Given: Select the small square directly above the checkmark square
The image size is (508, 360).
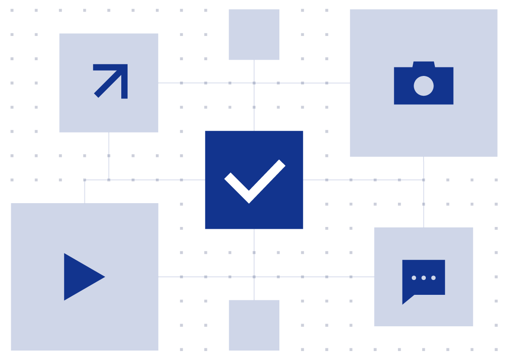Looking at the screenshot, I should click(x=254, y=35).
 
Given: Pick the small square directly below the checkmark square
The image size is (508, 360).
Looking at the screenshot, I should click(x=254, y=325).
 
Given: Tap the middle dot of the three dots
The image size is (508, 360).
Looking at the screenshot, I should click(x=424, y=278).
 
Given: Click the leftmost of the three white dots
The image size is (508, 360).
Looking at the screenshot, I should click(x=414, y=278).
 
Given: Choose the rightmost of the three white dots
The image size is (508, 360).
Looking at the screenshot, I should click(x=433, y=278).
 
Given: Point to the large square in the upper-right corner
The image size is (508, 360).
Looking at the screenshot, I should click(x=424, y=83).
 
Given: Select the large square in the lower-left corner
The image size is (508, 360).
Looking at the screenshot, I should click(x=84, y=277).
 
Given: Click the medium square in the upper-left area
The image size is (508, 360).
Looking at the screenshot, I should click(x=109, y=83).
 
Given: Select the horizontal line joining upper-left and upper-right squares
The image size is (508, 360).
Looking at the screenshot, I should click(x=207, y=83).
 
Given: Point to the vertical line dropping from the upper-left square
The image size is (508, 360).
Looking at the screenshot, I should click(x=109, y=156).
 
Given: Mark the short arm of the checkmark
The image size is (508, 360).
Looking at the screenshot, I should click(x=236, y=186).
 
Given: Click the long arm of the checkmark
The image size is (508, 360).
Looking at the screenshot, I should click(x=268, y=179).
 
